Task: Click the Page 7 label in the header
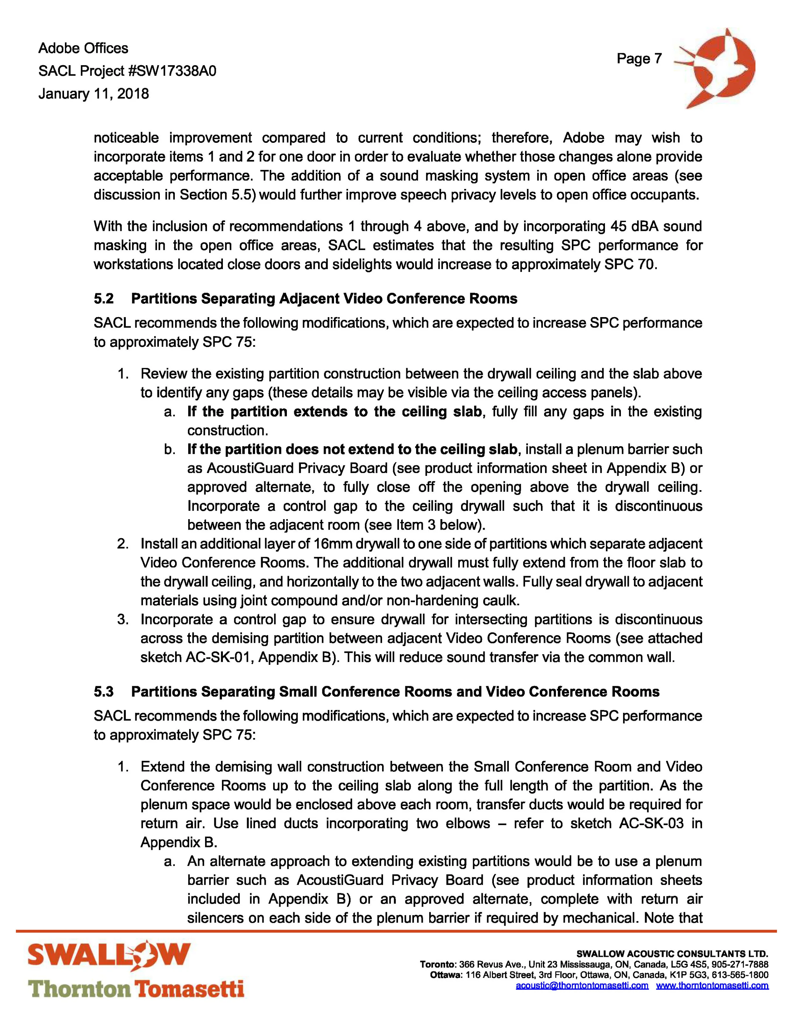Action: click(639, 59)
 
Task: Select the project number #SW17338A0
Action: click(172, 71)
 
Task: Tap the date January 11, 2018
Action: click(93, 94)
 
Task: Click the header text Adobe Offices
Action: click(83, 48)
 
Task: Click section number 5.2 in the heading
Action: click(104, 299)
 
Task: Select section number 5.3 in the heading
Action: click(104, 692)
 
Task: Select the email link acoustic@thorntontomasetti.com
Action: click(582, 985)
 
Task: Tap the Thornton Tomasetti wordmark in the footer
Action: click(136, 989)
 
